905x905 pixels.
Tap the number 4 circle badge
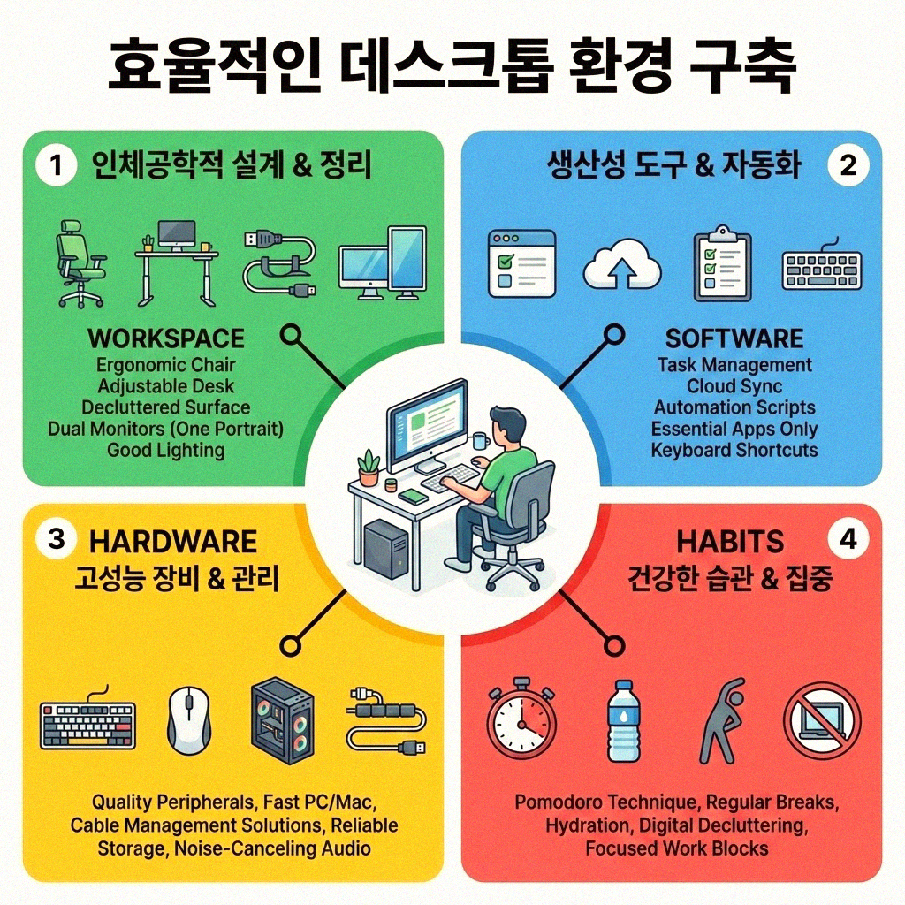(848, 540)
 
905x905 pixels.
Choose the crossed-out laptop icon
(821, 719)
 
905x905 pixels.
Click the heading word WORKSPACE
(166, 338)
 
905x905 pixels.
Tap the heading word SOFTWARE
(734, 338)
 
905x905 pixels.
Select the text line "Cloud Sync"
(734, 386)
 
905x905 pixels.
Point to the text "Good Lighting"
(166, 450)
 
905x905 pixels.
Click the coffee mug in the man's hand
(480, 440)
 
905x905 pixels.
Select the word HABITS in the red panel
(730, 541)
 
